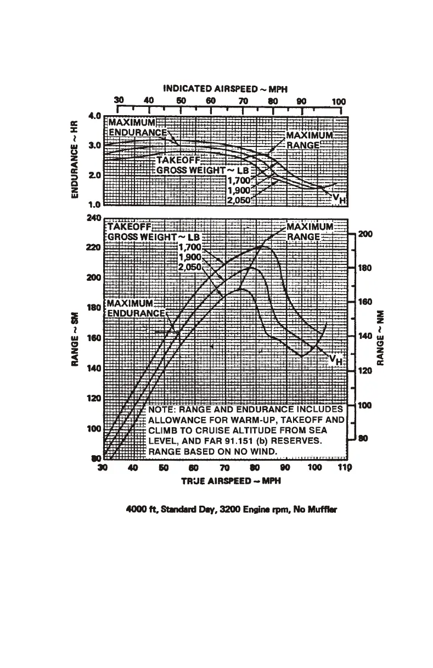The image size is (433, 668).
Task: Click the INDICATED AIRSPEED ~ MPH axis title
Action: [226, 89]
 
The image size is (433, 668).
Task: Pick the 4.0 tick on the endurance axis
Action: [94, 116]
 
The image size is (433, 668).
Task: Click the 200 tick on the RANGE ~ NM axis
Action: [365, 234]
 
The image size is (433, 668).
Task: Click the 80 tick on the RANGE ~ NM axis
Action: [363, 439]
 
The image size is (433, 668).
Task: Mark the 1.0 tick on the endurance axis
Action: [94, 205]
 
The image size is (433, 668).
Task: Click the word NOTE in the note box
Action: [161, 410]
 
